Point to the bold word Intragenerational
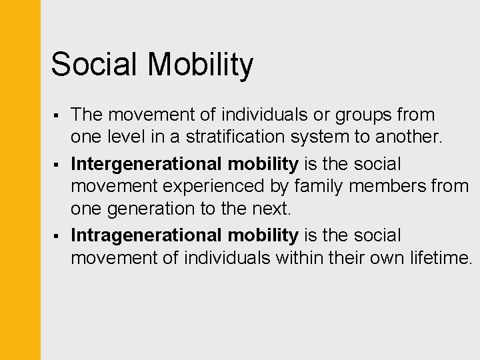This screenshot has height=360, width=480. [x=146, y=235]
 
